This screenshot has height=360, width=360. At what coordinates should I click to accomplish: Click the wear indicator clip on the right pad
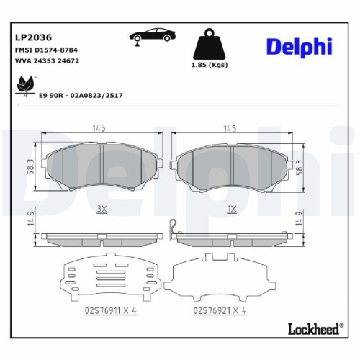pos(173,228)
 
